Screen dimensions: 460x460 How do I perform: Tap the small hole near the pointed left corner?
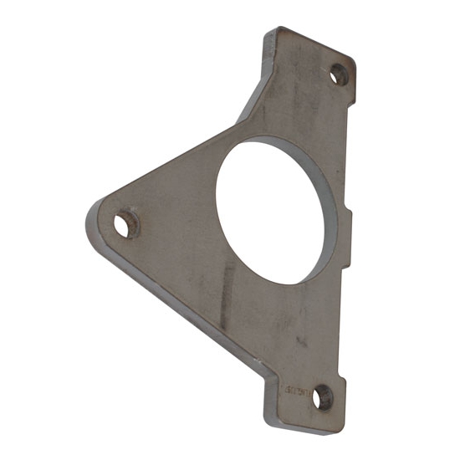click(125, 224)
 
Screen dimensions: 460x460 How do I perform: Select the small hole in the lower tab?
click(320, 398)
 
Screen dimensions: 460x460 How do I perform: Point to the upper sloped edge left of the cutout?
click(167, 163)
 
